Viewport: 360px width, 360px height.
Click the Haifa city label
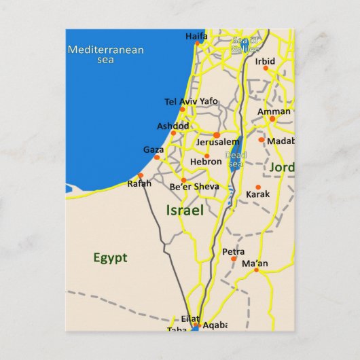[196, 36]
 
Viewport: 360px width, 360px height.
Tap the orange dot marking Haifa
[198, 43]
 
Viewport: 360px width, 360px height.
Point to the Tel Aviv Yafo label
[191, 101]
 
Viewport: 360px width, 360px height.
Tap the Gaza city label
[154, 149]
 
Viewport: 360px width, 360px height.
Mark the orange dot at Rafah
[141, 175]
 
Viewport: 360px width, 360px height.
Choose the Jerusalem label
[217, 143]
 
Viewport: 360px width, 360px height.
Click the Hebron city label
[206, 162]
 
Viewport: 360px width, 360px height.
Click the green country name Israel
[185, 211]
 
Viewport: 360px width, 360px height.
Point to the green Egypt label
[110, 257]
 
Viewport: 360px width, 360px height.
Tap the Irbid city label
[265, 61]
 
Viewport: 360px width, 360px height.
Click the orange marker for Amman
[272, 119]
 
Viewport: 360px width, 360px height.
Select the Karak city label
[257, 194]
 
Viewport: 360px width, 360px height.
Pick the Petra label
[233, 251]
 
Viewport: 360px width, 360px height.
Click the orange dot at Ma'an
[256, 270]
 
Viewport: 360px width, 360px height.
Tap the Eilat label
[191, 318]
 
